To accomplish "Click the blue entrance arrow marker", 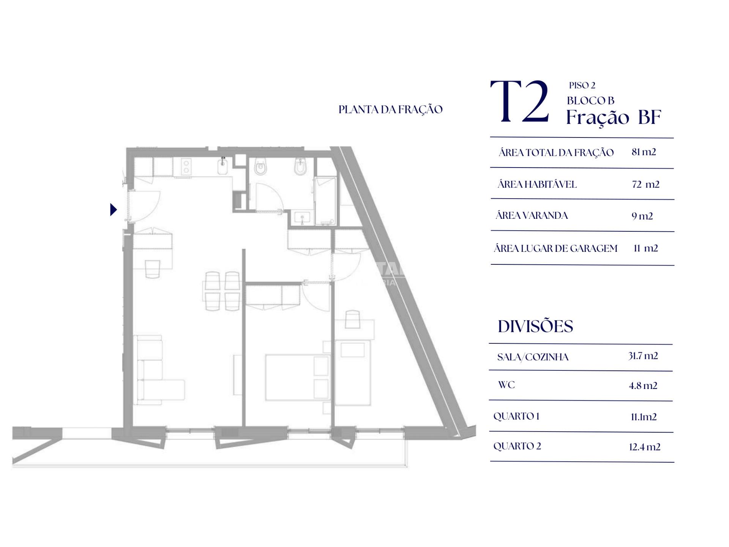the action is point(113,210).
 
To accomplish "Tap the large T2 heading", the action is point(520,101).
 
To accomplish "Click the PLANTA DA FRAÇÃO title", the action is point(390,110).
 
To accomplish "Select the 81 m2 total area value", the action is point(644,152).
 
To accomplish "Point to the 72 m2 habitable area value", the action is point(645,184).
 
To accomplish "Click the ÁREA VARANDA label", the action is point(532,215).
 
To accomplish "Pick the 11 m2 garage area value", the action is point(645,248).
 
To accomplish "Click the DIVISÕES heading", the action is point(535,326).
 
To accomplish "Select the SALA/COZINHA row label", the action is point(533,357).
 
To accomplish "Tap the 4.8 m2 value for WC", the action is point(643,386).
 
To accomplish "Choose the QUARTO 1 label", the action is point(516,416).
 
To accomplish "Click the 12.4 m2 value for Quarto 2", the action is point(644,447).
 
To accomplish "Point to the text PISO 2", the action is point(582,85).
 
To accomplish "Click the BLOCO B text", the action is point(590,101).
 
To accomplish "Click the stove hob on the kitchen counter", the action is point(186,167).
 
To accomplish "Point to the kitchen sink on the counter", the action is point(222,167).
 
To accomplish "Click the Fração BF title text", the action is point(614,117).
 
